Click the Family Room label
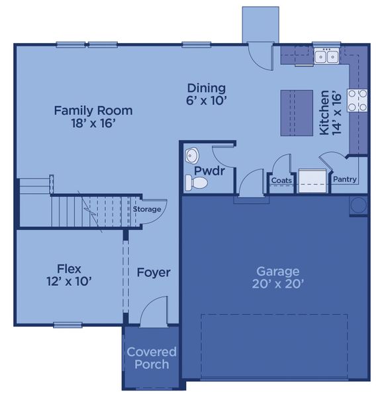[x=93, y=110]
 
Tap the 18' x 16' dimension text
[x=93, y=124]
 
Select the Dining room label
[x=206, y=88]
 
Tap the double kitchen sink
[x=326, y=57]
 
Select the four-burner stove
[x=358, y=100]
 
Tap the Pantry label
[x=345, y=179]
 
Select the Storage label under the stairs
[x=146, y=209]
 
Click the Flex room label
[x=69, y=269]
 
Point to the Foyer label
[x=154, y=272]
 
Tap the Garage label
[x=278, y=271]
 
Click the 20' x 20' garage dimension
[x=278, y=285]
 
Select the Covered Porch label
[x=152, y=358]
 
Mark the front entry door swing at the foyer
[x=156, y=311]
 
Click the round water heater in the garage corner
[x=358, y=204]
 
